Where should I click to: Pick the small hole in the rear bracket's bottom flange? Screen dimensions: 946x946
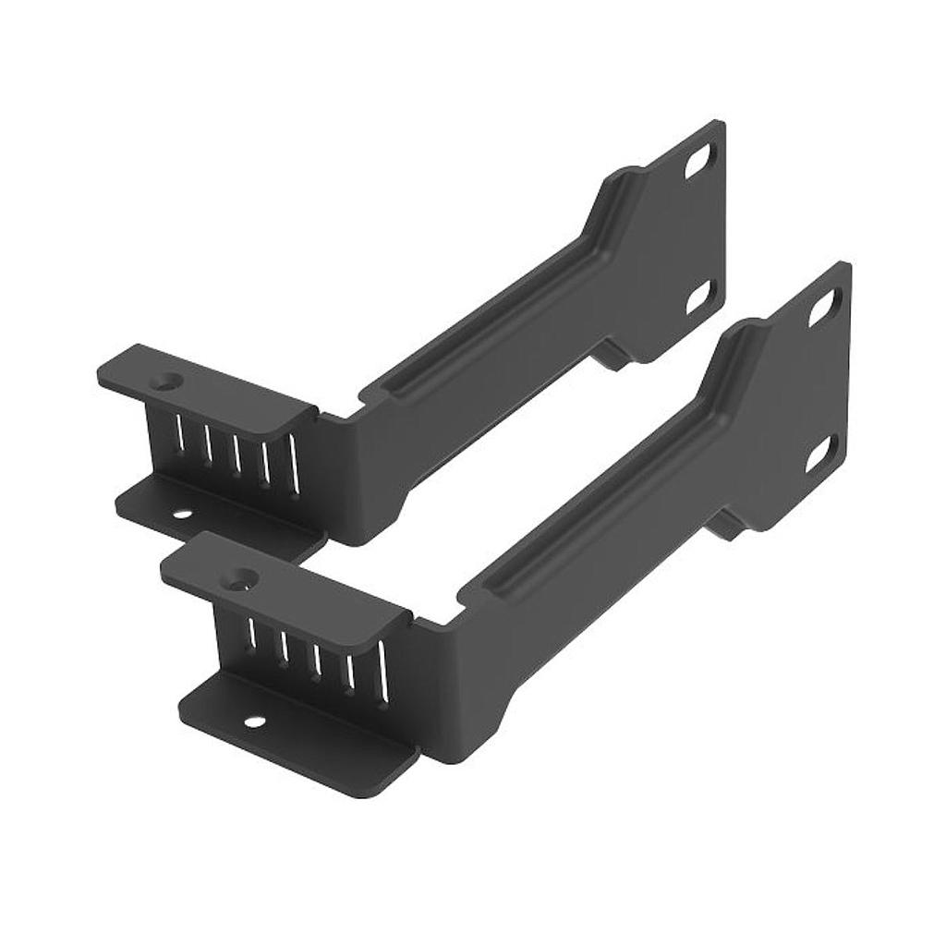point(182,514)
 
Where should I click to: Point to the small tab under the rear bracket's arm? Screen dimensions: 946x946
point(612,356)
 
